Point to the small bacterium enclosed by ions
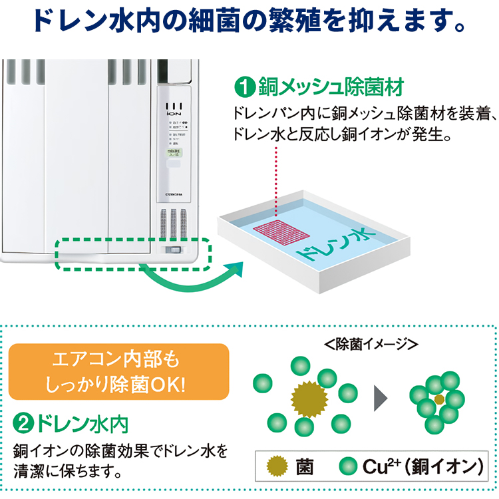(439, 399)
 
